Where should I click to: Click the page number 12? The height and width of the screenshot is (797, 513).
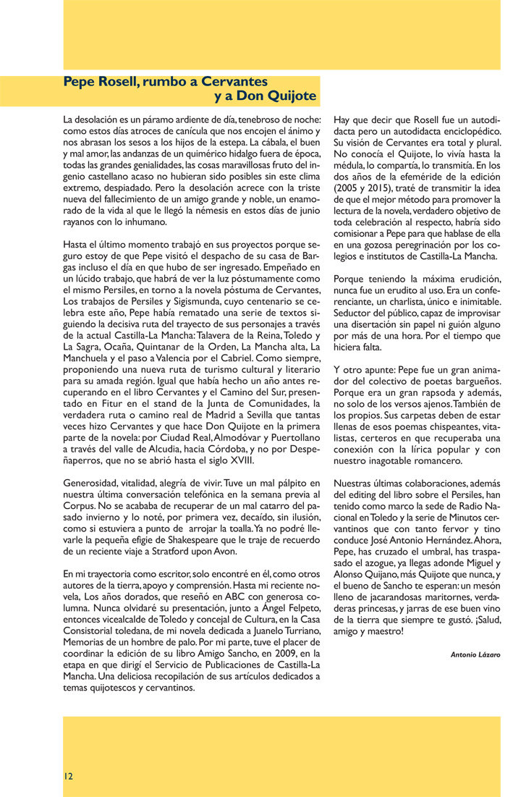pos(67,775)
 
